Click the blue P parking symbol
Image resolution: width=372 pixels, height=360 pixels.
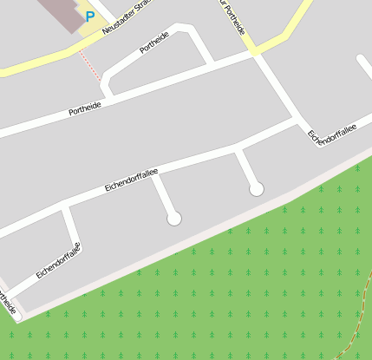pyautogui.click(x=89, y=16)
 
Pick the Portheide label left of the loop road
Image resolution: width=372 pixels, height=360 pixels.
pyautogui.click(x=85, y=108)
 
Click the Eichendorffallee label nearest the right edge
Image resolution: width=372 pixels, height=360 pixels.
pyautogui.click(x=332, y=131)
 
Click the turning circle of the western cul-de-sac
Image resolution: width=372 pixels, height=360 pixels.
pyautogui.click(x=174, y=218)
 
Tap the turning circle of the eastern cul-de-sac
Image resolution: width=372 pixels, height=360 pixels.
pyautogui.click(x=256, y=188)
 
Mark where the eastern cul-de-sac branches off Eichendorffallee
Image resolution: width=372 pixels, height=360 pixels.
pyautogui.click(x=238, y=149)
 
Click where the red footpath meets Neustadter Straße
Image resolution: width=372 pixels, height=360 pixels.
pyautogui.click(x=77, y=49)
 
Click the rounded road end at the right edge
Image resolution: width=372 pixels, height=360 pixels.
pyautogui.click(x=362, y=59)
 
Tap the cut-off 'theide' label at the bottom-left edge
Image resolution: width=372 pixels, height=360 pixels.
pyautogui.click(x=7, y=303)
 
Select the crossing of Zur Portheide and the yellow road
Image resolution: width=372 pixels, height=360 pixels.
pyautogui.click(x=254, y=52)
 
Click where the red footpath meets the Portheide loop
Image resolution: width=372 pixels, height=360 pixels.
pyautogui.click(x=102, y=81)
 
